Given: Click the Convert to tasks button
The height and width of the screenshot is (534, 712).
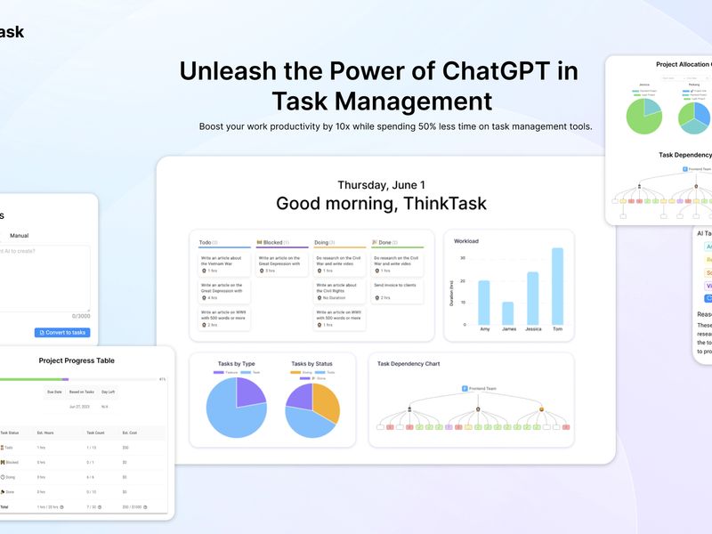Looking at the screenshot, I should (62, 333).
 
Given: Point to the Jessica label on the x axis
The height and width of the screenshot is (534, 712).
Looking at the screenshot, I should (532, 329).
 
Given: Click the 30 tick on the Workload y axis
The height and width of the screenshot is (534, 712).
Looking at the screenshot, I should (463, 258).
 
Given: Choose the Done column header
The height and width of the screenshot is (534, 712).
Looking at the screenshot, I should (384, 242).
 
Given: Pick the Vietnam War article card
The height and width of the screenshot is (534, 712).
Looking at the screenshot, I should (223, 264).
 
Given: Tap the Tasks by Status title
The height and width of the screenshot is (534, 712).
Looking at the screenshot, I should (312, 364).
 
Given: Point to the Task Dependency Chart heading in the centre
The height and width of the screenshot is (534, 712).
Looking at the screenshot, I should (409, 364).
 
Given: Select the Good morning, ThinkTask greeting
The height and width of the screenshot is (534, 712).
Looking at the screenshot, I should (381, 203).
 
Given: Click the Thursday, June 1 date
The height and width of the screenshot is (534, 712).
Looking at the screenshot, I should (381, 184).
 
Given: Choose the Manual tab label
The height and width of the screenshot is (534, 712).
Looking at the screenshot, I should (19, 236).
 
